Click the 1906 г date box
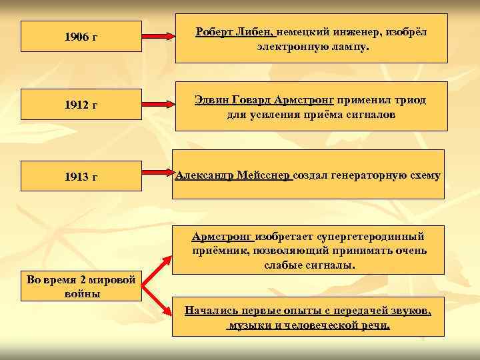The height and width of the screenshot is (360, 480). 81,36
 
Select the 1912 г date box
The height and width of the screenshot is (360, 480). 81,105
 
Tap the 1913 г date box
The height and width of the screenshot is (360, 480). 81,176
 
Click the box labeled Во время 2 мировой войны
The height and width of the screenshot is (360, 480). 81,285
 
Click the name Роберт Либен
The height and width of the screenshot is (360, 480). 234,32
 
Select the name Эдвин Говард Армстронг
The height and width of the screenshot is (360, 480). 264,100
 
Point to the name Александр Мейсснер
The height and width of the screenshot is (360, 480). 233,175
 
